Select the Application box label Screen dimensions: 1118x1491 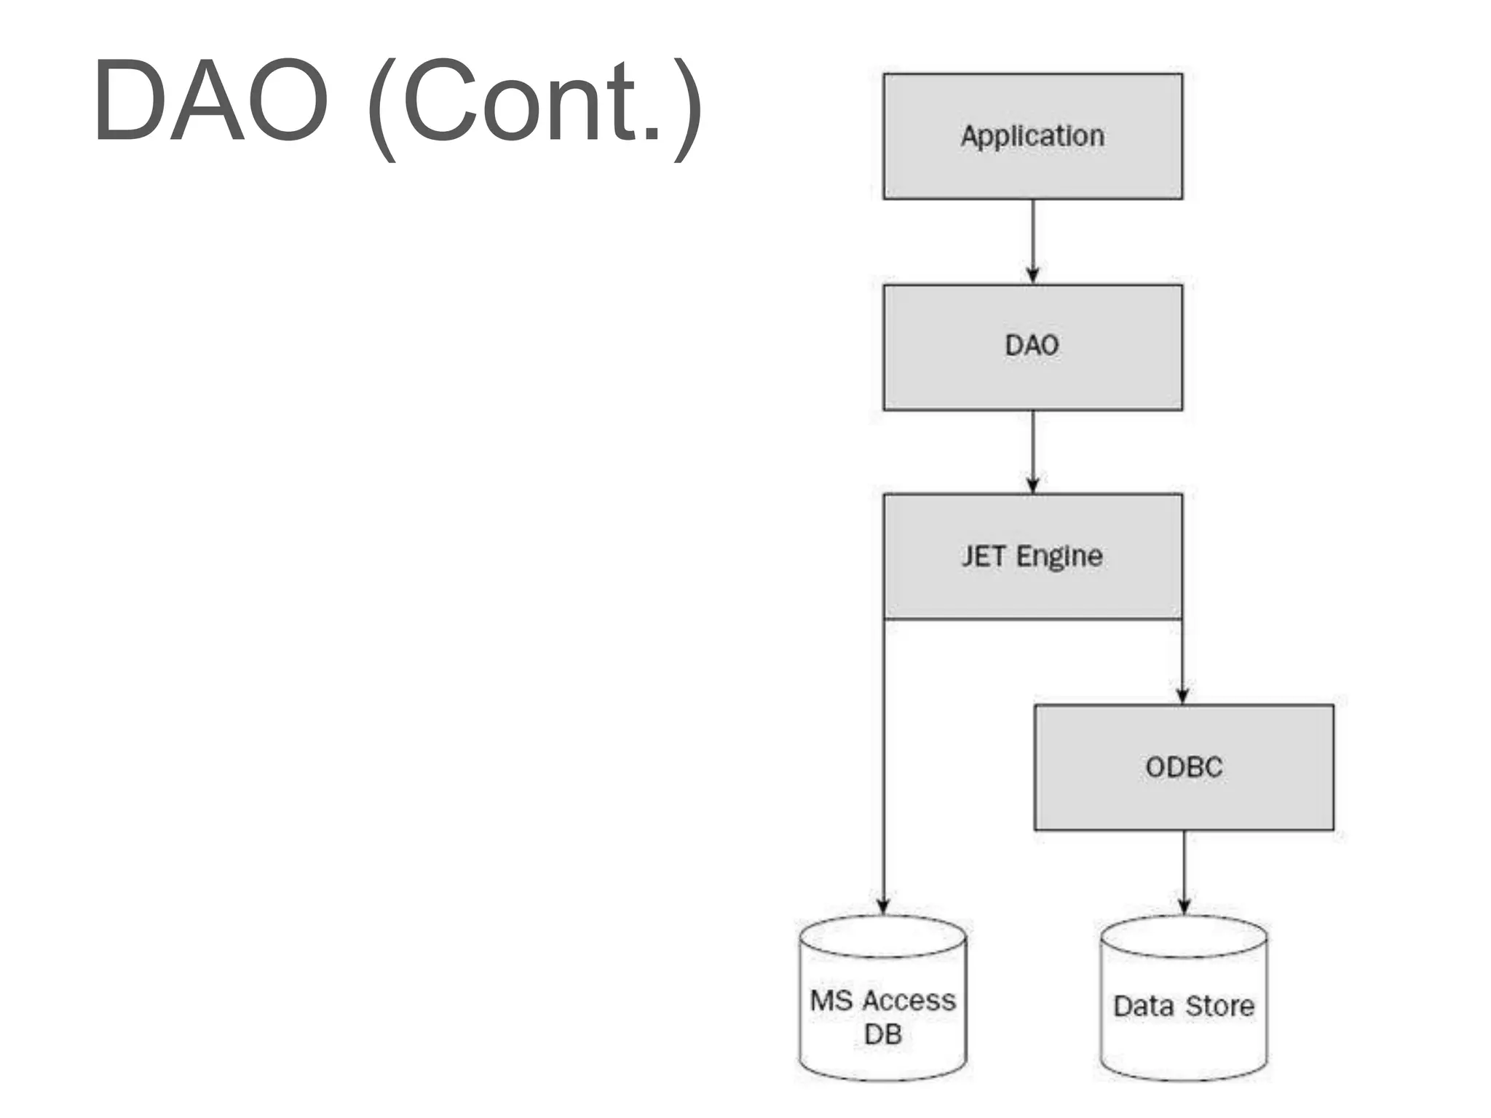point(1032,136)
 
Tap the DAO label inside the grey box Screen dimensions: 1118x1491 point(1032,345)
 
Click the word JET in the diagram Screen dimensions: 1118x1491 point(984,556)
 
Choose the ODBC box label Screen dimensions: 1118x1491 point(1184,767)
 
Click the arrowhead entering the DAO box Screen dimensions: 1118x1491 point(1032,275)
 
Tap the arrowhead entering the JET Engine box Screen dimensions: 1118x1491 point(1032,485)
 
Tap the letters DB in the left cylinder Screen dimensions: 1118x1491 point(883,1034)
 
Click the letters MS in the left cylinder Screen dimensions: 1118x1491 point(831,1001)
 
